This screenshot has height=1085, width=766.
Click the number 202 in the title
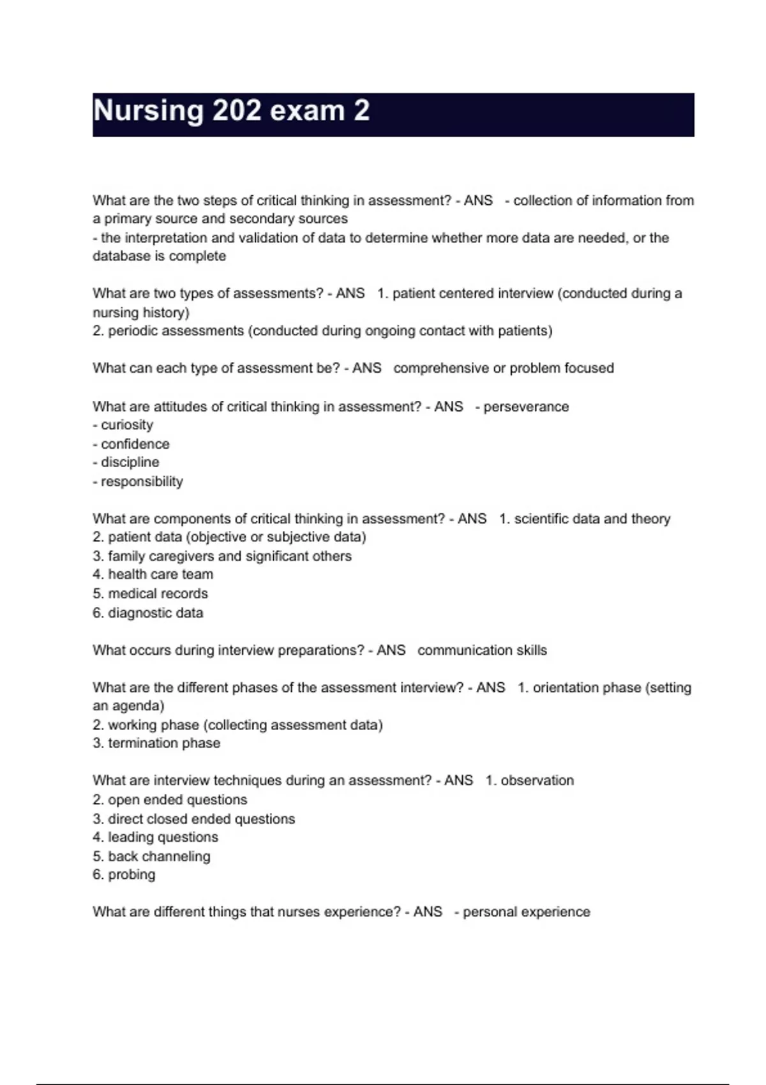click(x=237, y=111)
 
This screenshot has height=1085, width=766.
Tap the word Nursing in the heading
click(x=149, y=111)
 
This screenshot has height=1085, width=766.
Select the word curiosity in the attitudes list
click(x=127, y=425)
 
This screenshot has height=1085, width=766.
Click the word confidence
click(x=135, y=444)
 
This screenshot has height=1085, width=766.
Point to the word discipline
click(x=130, y=462)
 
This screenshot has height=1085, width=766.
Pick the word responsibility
click(x=142, y=481)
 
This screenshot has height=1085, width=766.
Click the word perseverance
click(x=526, y=407)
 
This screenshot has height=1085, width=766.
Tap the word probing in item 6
click(x=131, y=874)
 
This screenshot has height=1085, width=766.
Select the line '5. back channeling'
click(x=151, y=856)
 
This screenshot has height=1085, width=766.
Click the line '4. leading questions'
click(x=155, y=837)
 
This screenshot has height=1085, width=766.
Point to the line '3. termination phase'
click(x=156, y=743)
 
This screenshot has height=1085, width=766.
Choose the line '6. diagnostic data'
click(x=148, y=613)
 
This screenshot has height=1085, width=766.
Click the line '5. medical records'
click(x=150, y=594)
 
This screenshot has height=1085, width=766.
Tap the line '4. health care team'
click(x=153, y=574)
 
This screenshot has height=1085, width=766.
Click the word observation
click(x=537, y=781)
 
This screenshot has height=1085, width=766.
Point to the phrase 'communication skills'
click(x=482, y=650)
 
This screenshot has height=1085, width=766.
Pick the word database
click(x=123, y=256)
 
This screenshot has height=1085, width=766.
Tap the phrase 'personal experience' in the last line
click(x=526, y=912)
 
